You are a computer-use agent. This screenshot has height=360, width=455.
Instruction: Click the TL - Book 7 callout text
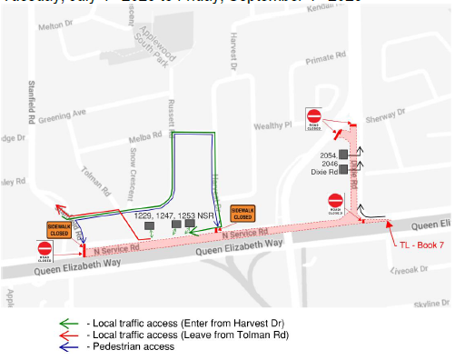pos(420,245)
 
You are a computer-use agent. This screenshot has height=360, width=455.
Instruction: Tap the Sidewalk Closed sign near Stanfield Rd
pos(59,229)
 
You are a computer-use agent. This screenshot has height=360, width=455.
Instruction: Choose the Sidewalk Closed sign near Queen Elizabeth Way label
pos(242,213)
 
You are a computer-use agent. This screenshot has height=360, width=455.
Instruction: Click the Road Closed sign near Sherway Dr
pos(314,118)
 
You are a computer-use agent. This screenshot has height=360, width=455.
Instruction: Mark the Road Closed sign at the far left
pos(45,249)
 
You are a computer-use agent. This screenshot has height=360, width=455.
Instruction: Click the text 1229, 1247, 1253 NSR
pos(174,215)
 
